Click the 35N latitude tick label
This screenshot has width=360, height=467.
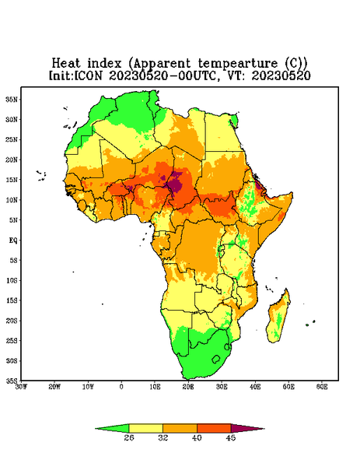12,100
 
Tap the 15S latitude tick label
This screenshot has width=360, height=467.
12,300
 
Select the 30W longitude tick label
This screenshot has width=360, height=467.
22,387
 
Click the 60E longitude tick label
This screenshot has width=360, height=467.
322,387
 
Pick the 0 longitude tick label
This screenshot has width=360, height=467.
121,387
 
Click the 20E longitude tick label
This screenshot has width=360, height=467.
188,387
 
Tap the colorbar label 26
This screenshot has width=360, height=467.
129,437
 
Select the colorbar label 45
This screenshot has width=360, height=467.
231,437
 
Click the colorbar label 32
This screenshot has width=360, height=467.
163,437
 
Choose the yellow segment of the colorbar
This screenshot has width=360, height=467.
145,428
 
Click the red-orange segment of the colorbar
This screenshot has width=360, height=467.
214,428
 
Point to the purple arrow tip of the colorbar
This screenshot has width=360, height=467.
264,429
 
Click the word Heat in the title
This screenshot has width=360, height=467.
66,63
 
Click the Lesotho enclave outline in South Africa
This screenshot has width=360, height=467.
216,359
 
